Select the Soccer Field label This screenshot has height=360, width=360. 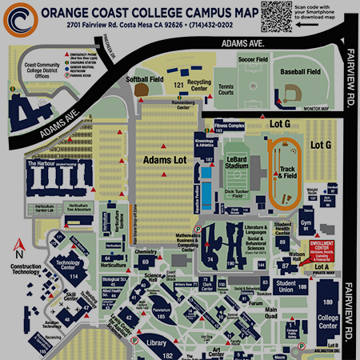(x=252, y=59)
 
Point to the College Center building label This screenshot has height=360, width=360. (x=328, y=324)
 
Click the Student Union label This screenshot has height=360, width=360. (x=286, y=286)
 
